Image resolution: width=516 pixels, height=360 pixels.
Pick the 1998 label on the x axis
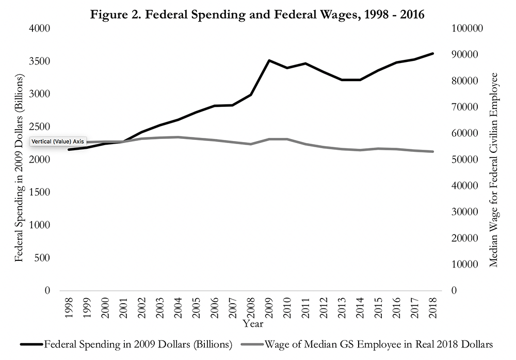tap(69, 309)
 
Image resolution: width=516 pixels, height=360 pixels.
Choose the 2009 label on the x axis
tap(269, 309)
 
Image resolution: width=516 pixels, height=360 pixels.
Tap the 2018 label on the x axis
tap(433, 309)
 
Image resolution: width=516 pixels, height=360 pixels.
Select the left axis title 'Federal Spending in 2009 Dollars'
tap(20, 168)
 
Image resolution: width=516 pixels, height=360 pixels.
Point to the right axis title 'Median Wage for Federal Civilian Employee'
tap(494, 169)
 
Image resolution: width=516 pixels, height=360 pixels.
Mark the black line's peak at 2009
tap(269, 60)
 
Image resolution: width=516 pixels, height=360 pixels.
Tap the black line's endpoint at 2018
tap(433, 53)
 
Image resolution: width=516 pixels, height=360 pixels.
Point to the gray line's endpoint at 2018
tap(433, 151)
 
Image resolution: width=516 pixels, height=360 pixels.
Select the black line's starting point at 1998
tap(69, 150)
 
